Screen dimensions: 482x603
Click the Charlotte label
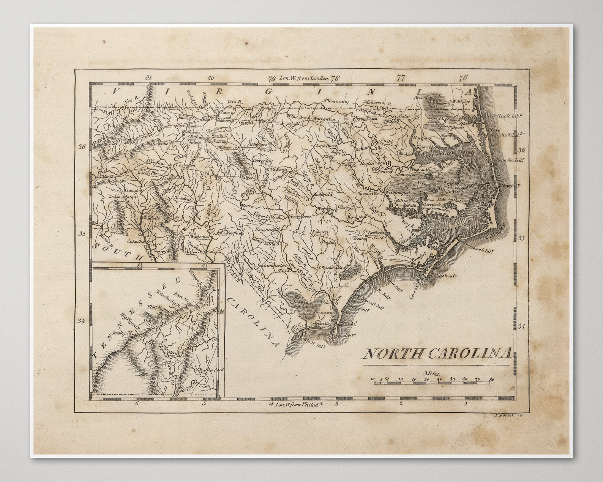[x=150, y=219]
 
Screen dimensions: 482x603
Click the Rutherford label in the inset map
[x=211, y=370]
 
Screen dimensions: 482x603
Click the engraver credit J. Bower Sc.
[x=509, y=416]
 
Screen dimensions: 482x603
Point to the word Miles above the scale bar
[x=432, y=373]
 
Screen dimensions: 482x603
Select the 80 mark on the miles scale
[x=492, y=379]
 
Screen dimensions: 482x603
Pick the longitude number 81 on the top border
[x=148, y=77]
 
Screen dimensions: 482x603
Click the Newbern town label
[x=376, y=232]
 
